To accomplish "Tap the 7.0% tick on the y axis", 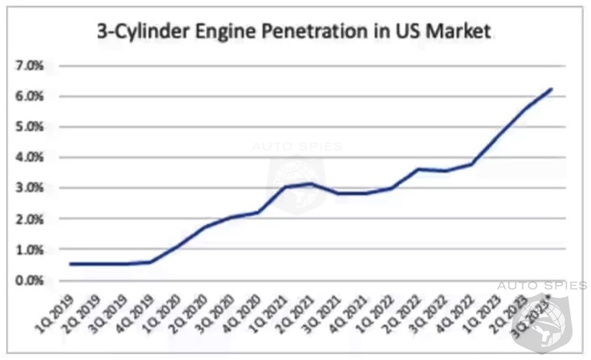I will [30, 66].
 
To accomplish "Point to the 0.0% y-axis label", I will [30, 280].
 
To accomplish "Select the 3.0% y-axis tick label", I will [30, 188].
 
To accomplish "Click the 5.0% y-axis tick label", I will [30, 126].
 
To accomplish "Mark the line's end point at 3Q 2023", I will [552, 89].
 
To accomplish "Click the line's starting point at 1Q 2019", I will [69, 264].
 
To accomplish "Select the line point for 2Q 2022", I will [419, 169].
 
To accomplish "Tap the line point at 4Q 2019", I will [150, 262].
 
